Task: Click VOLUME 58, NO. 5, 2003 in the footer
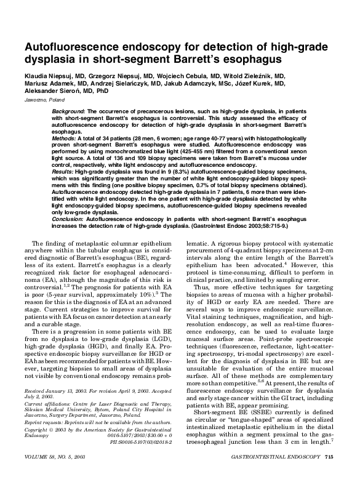pyautogui.click(x=58, y=475)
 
